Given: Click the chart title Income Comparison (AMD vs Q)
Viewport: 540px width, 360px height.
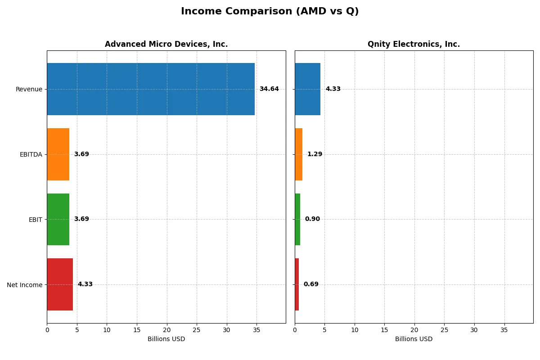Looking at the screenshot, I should coord(270,12).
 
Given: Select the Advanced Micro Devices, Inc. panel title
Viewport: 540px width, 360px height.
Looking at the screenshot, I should coord(166,44).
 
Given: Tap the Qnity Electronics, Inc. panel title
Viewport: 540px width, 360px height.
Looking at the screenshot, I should coord(414,44).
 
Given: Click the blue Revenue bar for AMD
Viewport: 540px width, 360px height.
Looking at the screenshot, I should coord(151,89).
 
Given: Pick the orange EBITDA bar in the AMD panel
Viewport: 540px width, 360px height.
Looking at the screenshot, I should coord(58,154).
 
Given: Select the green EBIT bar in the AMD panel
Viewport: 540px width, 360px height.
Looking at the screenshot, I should coord(58,219).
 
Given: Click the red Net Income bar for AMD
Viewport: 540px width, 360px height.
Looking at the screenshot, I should coord(60,284).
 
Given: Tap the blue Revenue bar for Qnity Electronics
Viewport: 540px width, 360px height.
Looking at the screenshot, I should coord(307,89).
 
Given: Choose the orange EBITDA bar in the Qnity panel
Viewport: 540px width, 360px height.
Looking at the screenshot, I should coord(298,154).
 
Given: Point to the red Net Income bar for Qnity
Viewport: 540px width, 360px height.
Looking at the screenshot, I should coord(297,284).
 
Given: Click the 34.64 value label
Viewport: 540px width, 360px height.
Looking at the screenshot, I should coord(269,89).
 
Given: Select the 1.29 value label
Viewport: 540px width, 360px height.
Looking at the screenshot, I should coord(315,154).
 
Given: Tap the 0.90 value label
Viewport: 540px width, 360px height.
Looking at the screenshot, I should coord(312,219).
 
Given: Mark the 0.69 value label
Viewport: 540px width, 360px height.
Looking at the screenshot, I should coord(311,284).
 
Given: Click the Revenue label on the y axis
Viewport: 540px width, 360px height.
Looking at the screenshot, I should coord(29,90).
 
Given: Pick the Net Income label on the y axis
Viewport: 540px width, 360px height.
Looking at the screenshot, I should coord(24,285).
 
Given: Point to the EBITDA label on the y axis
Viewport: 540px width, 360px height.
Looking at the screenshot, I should coord(31,155).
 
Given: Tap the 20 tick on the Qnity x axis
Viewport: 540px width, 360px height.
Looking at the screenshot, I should coord(414,330).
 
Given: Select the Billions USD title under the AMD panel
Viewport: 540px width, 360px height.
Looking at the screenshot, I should coord(166,339).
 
